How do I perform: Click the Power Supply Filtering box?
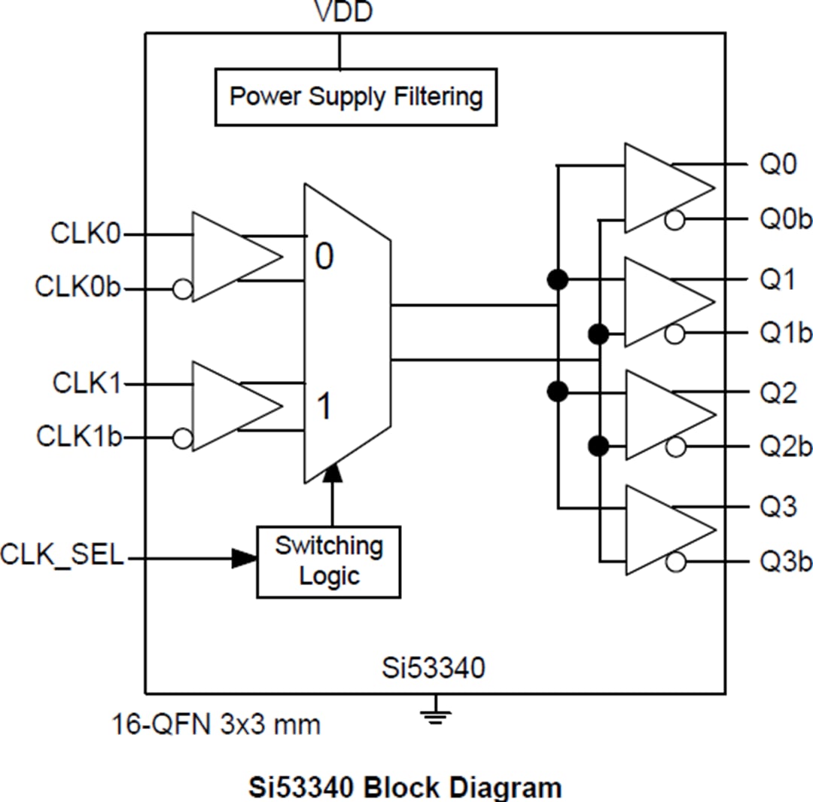pyautogui.click(x=355, y=97)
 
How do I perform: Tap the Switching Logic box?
pyautogui.click(x=329, y=561)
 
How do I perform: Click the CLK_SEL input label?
pyautogui.click(x=62, y=558)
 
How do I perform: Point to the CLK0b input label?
pyautogui.click(x=78, y=288)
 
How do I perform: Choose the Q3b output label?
pyautogui.click(x=786, y=562)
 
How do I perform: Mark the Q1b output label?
pyautogui.click(x=786, y=334)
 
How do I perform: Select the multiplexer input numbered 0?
pyautogui.click(x=324, y=258)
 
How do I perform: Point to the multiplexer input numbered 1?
pyautogui.click(x=324, y=407)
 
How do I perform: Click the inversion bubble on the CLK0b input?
pyautogui.click(x=182, y=288)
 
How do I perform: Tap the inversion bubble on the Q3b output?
pyautogui.click(x=675, y=562)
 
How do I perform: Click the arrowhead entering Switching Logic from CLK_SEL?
pyautogui.click(x=244, y=558)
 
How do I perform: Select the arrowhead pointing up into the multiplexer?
pyautogui.click(x=331, y=473)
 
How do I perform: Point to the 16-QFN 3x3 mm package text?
pyautogui.click(x=216, y=724)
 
